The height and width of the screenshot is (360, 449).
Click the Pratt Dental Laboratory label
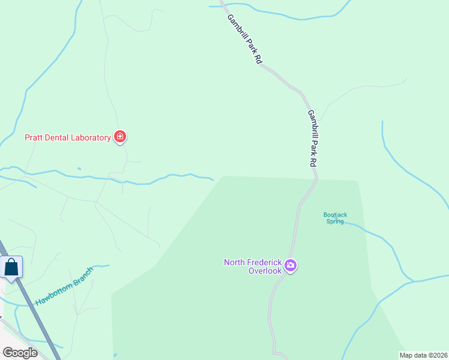(x=67, y=137)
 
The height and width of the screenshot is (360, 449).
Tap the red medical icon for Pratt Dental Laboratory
(x=120, y=137)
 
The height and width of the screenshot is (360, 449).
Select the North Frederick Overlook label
(x=253, y=266)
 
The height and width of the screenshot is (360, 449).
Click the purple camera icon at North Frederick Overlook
(x=291, y=265)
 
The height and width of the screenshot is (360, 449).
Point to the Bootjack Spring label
(x=335, y=218)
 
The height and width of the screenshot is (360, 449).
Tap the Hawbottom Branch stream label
(x=65, y=287)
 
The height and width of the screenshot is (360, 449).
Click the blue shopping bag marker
(x=11, y=267)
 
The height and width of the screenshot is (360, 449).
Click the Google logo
(x=20, y=352)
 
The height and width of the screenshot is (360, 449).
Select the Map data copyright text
(x=423, y=355)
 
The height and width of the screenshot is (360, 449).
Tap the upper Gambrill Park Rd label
(x=244, y=40)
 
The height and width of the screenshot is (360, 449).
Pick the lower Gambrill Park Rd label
(x=312, y=138)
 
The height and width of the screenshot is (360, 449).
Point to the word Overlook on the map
(x=265, y=271)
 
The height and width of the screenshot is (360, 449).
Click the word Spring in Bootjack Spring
(x=335, y=221)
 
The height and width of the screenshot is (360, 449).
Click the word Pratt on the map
(x=32, y=137)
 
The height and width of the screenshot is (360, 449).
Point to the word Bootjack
(x=335, y=214)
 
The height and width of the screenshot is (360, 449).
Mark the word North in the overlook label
(x=235, y=262)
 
